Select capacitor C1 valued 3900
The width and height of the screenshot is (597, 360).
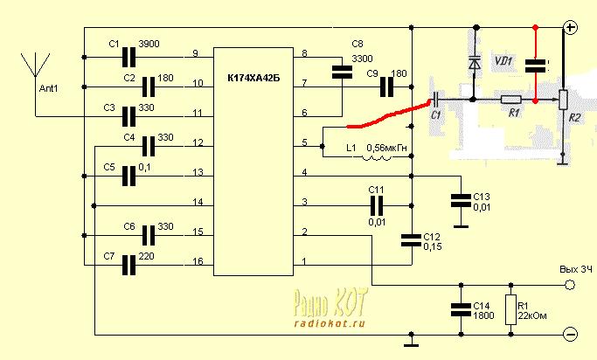(x=130, y=57)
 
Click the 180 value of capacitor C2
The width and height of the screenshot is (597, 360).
(x=166, y=78)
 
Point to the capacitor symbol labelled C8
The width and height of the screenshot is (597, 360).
(x=339, y=73)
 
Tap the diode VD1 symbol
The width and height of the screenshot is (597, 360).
(x=474, y=63)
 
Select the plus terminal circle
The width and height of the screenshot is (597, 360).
(x=571, y=28)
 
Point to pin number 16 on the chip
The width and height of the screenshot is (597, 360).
(x=198, y=262)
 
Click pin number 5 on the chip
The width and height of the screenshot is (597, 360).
(x=304, y=142)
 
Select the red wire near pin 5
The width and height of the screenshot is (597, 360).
(x=380, y=116)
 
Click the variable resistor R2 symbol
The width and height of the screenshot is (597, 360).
(x=564, y=101)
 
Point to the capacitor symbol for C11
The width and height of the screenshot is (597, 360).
(x=376, y=205)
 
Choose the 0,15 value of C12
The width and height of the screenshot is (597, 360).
(x=432, y=247)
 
